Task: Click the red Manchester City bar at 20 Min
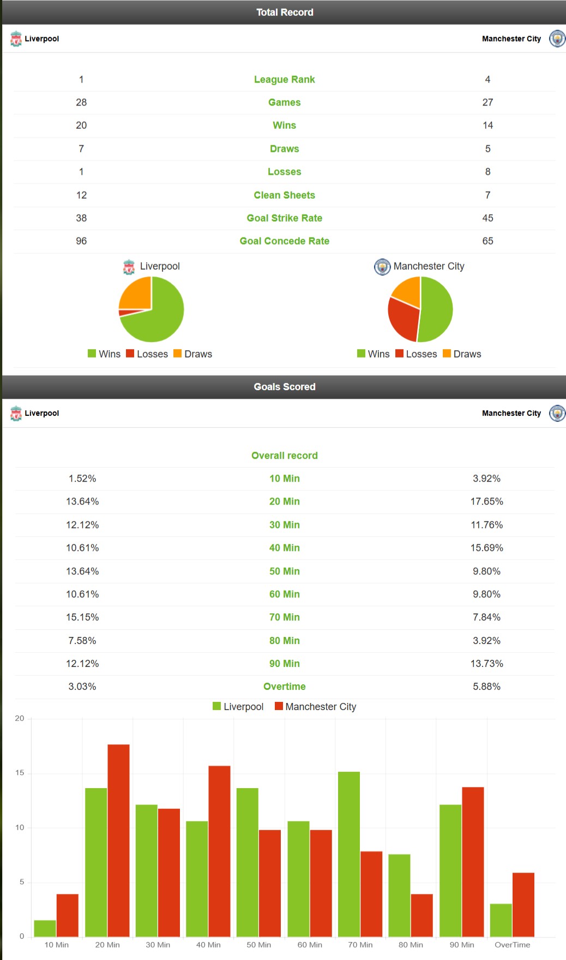point(118,840)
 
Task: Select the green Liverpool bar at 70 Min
point(349,854)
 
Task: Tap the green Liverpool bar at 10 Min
point(45,928)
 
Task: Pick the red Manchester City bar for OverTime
point(523,904)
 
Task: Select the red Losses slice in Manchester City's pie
point(402,319)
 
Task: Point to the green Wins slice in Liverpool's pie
point(158,319)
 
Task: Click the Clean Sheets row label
point(284,195)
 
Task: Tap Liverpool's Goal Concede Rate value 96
point(81,241)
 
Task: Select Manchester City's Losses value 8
point(487,171)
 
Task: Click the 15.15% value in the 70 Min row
point(82,617)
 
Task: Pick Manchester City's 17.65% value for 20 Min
point(486,501)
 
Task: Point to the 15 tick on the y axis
point(20,773)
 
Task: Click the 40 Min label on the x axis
point(208,945)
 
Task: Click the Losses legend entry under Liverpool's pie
point(147,354)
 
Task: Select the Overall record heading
point(284,455)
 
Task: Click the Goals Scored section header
point(284,386)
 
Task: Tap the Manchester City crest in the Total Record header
point(557,39)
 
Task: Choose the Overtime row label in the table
point(284,686)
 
